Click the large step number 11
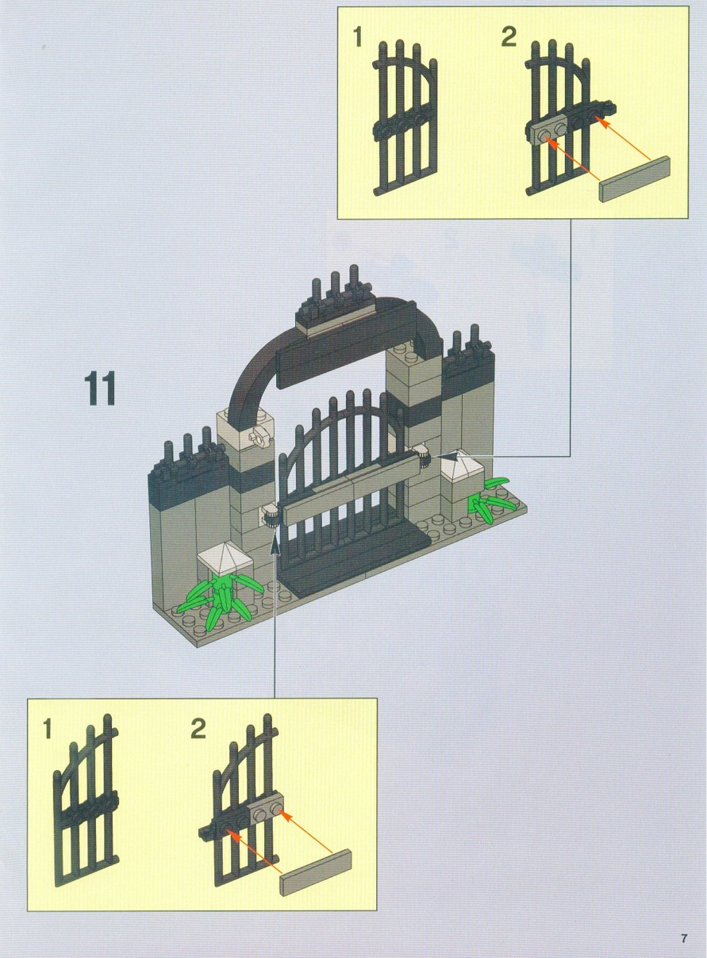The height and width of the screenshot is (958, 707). click(101, 388)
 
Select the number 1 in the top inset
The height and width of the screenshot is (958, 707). click(357, 37)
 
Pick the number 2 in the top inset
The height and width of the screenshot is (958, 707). click(509, 37)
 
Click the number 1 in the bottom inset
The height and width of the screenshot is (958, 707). click(47, 728)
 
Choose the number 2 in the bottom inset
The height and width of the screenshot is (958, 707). click(198, 728)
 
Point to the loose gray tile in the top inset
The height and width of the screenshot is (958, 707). click(635, 179)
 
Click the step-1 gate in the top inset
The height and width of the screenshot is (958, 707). click(405, 117)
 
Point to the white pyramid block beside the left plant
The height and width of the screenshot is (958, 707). click(225, 558)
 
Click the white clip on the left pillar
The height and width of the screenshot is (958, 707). click(259, 436)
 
